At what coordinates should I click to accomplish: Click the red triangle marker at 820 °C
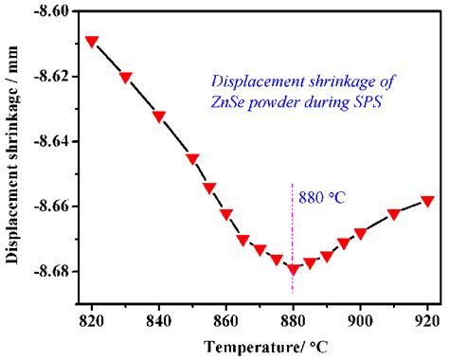click(x=92, y=42)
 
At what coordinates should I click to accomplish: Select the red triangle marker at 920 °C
click(x=427, y=201)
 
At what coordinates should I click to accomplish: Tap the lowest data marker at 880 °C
click(x=293, y=269)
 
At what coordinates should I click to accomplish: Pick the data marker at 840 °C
click(x=159, y=117)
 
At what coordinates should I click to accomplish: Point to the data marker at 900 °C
click(x=360, y=233)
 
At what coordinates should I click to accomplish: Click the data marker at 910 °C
click(x=394, y=214)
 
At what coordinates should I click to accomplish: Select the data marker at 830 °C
click(x=126, y=78)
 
